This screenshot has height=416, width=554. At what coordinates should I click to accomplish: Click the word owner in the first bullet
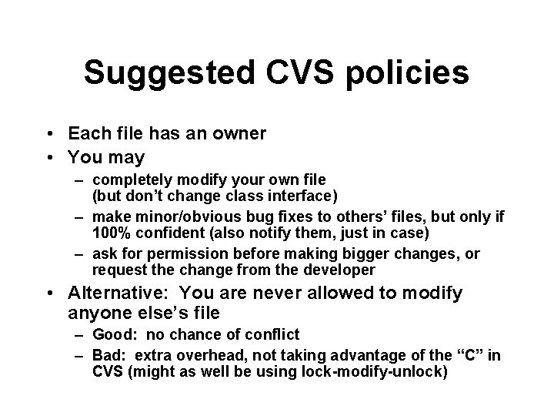coord(239,134)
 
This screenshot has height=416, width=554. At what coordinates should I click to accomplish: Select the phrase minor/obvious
coord(176,218)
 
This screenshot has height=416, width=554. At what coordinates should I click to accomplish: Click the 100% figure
coord(108,232)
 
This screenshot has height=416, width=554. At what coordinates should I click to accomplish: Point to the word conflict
coord(272,335)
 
